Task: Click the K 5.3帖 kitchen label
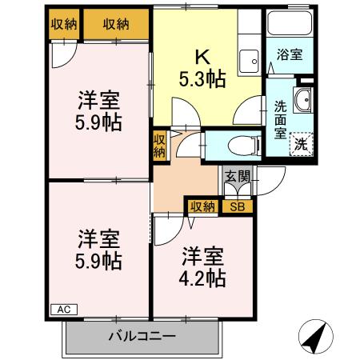[x=202, y=67]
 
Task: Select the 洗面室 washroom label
[x=281, y=118]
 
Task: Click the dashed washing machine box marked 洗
[x=301, y=144]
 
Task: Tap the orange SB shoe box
[x=238, y=206]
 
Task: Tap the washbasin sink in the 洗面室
[x=303, y=100]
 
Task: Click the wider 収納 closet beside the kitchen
[x=117, y=24]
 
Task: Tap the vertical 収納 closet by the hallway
[x=159, y=144]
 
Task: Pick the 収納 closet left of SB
[x=202, y=206]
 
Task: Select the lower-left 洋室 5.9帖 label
[x=99, y=249]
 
